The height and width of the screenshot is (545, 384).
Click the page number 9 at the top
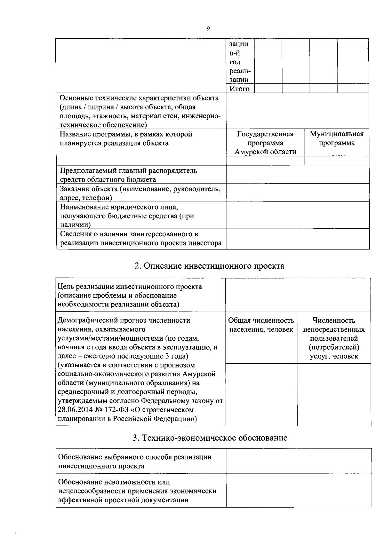(x=208, y=29)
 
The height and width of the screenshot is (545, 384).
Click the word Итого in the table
(x=239, y=89)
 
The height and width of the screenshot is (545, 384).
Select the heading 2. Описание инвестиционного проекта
(x=209, y=266)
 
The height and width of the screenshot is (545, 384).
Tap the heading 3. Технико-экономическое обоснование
(x=210, y=438)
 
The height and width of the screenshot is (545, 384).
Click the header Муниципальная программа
(x=337, y=138)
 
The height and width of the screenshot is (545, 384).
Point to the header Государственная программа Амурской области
(x=265, y=143)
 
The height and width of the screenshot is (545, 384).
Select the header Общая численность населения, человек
(x=261, y=325)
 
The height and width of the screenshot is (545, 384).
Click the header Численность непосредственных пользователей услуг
(x=334, y=338)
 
